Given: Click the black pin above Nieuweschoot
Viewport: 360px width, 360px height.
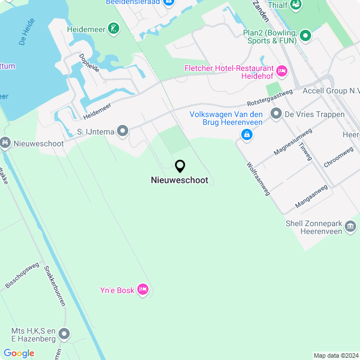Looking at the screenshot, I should (x=180, y=166).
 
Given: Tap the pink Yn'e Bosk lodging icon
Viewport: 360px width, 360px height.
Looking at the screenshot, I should (x=143, y=290).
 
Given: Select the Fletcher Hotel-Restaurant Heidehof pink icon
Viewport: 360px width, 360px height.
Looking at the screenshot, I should (x=282, y=70).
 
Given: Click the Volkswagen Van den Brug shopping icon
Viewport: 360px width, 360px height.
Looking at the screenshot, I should (x=246, y=134).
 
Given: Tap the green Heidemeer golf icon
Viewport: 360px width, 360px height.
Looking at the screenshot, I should (x=115, y=28).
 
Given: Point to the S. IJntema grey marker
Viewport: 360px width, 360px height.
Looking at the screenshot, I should (x=122, y=132).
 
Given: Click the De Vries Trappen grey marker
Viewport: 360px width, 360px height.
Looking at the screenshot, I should (x=276, y=114).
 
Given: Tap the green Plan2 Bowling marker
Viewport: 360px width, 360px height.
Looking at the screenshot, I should (x=305, y=37).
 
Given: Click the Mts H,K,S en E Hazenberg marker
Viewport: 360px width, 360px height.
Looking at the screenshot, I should (x=64, y=335).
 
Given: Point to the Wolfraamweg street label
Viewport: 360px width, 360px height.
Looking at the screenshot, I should (x=258, y=179).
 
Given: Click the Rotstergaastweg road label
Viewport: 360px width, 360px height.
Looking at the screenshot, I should (x=270, y=98).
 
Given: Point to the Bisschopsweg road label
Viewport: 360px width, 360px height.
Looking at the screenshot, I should (x=22, y=274).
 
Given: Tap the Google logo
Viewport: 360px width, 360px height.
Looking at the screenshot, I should (x=19, y=353).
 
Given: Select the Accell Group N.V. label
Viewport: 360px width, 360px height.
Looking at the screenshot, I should (x=331, y=91).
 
